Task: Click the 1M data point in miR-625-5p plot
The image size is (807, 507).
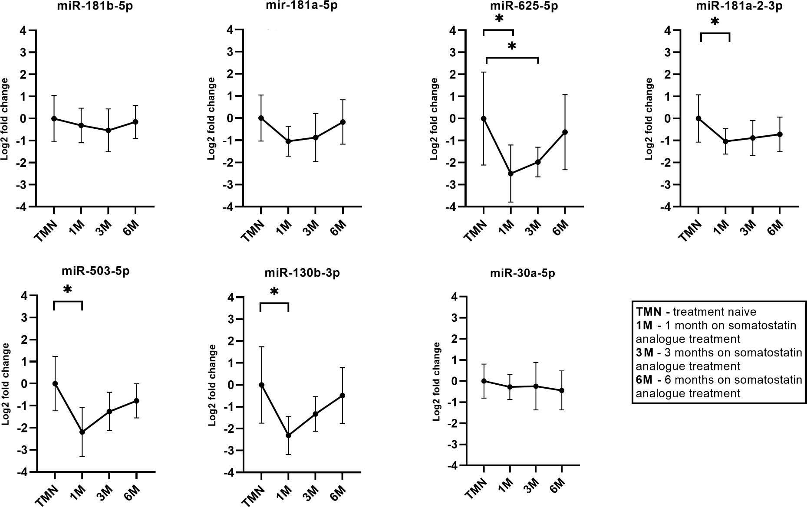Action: pos(511,173)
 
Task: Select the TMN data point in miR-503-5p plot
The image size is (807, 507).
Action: pos(55,383)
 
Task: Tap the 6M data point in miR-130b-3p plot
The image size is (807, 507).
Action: pos(342,396)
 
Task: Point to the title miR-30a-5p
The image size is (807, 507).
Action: pos(522,274)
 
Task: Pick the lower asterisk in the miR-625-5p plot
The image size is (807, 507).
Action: pos(512,46)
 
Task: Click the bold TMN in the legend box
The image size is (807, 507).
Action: pos(649,312)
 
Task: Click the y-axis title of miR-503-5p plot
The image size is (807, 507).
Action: pos(7,383)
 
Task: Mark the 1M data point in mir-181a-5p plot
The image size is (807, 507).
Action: pos(288,141)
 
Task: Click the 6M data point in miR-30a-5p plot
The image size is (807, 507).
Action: pos(562,390)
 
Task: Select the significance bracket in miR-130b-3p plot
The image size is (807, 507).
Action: pos(274,304)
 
